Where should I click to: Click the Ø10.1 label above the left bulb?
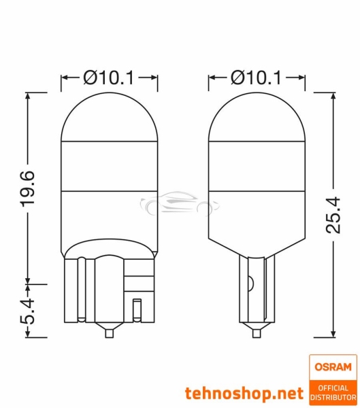pyautogui.click(x=109, y=78)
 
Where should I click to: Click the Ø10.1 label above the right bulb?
pyautogui.click(x=255, y=78)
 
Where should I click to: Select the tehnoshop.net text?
pyautogui.click(x=243, y=392)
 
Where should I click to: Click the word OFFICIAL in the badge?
pyautogui.click(x=332, y=388)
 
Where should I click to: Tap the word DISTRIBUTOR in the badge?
pyautogui.click(x=332, y=397)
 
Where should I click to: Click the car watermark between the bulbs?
pyautogui.click(x=179, y=204)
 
